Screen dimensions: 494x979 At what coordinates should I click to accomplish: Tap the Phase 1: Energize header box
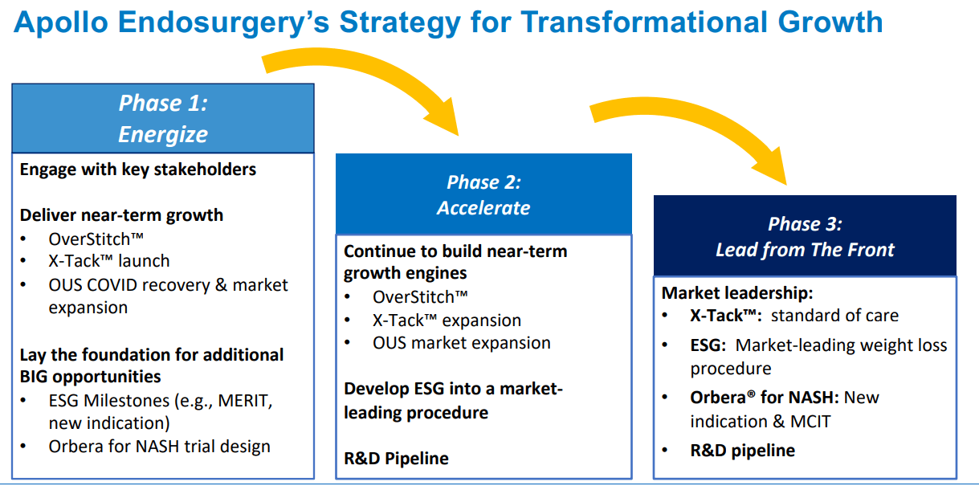point(162,118)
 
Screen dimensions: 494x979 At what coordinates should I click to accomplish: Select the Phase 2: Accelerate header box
point(483,194)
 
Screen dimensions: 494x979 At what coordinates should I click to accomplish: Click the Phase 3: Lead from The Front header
point(805,236)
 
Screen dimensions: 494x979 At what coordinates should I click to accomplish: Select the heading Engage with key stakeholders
point(138,169)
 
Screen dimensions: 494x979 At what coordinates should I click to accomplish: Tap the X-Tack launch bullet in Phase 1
point(108,261)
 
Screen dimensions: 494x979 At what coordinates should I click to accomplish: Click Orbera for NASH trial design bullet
point(159,446)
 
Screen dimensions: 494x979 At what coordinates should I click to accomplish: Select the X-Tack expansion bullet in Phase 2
point(447,320)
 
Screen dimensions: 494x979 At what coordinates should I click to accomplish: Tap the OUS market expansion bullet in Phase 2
point(461,343)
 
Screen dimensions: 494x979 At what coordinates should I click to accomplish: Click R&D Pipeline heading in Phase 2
point(396,459)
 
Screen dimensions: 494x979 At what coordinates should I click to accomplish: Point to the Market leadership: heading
point(737,293)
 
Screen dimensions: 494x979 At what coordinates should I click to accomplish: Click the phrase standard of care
point(834,315)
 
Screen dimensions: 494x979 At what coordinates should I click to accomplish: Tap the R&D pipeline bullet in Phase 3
point(742,451)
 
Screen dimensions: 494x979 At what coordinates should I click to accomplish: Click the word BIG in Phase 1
point(37,377)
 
